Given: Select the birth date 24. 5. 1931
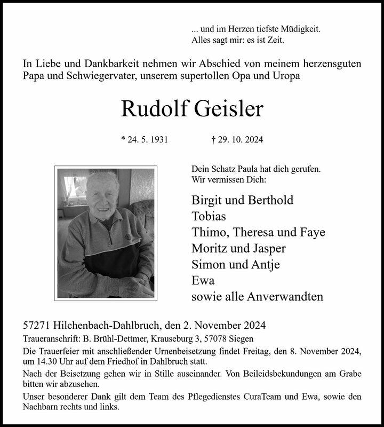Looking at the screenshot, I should point(145,140).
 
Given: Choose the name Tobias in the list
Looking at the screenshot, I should point(209,217).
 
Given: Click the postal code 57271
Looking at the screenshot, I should point(38,325).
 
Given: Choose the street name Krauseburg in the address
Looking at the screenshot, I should point(169,339).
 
